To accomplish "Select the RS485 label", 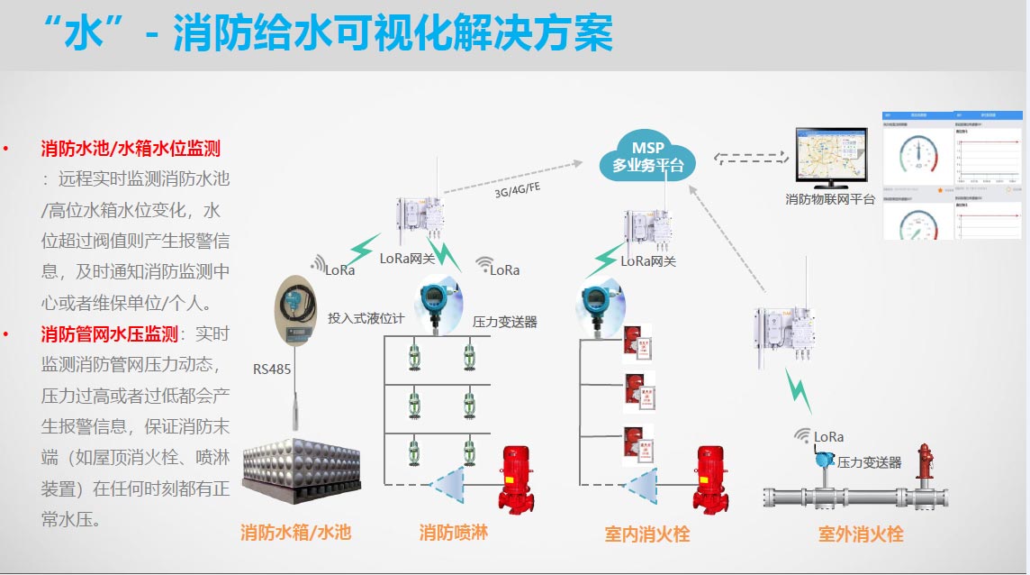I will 272,369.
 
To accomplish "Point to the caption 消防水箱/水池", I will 295,532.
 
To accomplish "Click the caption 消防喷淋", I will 453,532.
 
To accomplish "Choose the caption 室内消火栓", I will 646,534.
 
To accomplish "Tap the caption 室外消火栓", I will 860,534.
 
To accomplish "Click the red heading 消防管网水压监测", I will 109,334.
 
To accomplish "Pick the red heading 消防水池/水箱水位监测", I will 131,148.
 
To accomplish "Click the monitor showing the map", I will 829,157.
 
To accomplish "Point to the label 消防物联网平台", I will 829,199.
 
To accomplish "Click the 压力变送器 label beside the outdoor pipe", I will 869,462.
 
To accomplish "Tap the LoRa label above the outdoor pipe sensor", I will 828,437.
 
